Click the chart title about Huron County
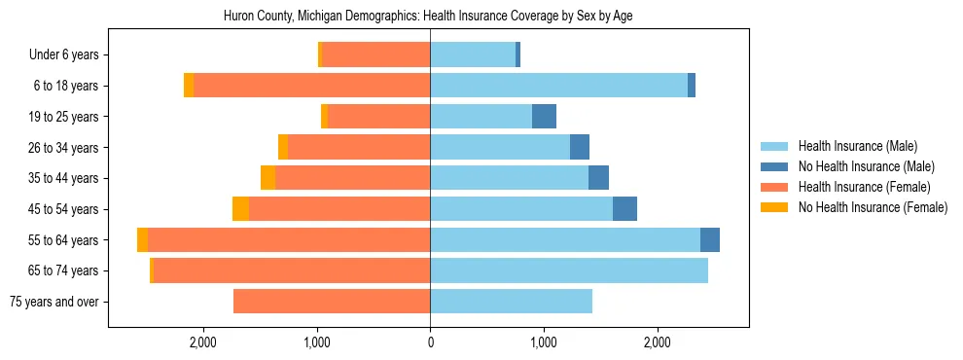[x=428, y=17]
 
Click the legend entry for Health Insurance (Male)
[x=857, y=146]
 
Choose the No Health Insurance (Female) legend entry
[x=873, y=207]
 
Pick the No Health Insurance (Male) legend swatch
[x=774, y=166]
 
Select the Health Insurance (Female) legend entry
[x=864, y=187]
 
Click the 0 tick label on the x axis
[x=430, y=342]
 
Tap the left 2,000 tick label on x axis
[x=203, y=342]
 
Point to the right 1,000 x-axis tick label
[x=544, y=342]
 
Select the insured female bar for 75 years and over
[x=332, y=302]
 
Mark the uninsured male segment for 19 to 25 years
[x=544, y=117]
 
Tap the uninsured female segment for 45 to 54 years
[x=240, y=209]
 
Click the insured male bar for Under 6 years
[x=473, y=55]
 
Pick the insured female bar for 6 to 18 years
[x=311, y=86]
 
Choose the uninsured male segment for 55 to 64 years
[x=710, y=240]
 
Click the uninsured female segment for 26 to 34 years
[x=283, y=147]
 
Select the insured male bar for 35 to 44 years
[x=509, y=178]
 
